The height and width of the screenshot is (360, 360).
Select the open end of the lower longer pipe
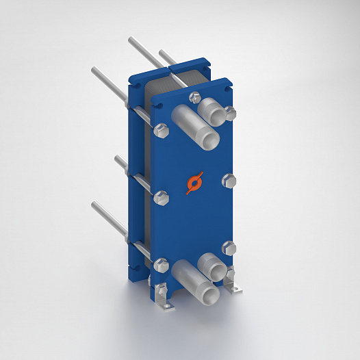207,294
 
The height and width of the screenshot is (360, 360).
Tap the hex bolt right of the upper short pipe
231,114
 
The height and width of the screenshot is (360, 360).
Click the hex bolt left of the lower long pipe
162,264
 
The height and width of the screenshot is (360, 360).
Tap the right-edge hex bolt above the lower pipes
230,248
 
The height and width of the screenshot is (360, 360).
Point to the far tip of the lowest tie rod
94,203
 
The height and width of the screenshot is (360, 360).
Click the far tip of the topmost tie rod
129,40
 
